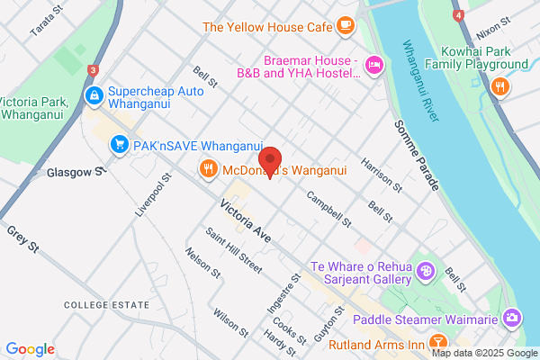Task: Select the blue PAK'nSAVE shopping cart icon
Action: click(118, 145)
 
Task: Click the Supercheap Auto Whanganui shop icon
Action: click(93, 94)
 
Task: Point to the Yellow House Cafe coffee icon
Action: click(346, 25)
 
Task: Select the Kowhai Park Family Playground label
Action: click(478, 58)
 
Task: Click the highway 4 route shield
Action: click(458, 15)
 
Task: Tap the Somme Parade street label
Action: click(417, 154)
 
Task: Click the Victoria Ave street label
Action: click(245, 220)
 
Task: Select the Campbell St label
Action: click(328, 207)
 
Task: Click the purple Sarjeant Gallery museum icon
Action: click(427, 270)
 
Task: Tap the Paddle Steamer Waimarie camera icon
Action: click(512, 318)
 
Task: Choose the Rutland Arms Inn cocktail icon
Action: click(437, 342)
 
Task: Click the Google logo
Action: click(30, 348)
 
